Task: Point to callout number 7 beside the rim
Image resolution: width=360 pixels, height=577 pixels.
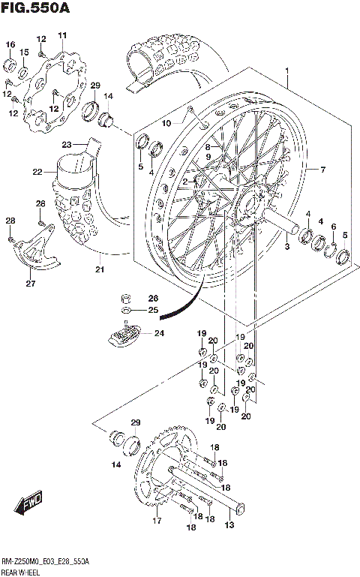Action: (322, 170)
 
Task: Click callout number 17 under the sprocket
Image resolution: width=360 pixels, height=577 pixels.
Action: (156, 521)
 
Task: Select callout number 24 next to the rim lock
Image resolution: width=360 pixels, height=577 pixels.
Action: (159, 334)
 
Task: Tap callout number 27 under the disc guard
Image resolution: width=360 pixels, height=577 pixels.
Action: (30, 284)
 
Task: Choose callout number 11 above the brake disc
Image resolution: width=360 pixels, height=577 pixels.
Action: (62, 35)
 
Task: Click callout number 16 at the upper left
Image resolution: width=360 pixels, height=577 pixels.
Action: (10, 45)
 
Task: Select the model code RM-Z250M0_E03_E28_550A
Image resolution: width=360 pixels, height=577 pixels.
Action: (45, 560)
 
